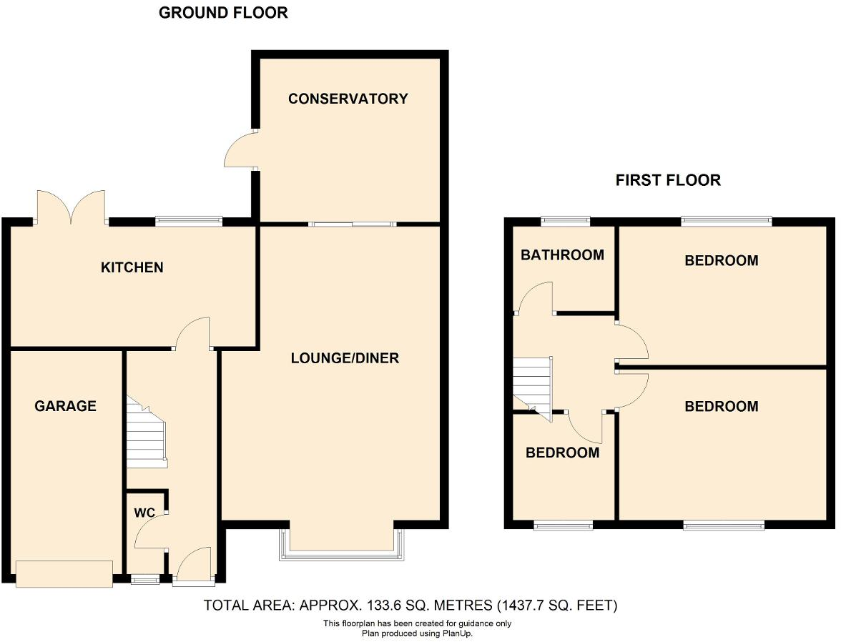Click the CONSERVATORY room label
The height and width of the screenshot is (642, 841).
click(348, 99)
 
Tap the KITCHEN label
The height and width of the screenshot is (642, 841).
click(132, 267)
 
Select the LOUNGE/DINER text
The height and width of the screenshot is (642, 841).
click(345, 357)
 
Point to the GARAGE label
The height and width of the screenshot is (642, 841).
click(65, 406)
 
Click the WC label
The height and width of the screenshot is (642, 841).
click(145, 513)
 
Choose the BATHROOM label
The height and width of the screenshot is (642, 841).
click(562, 255)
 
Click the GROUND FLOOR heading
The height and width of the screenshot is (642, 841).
click(223, 13)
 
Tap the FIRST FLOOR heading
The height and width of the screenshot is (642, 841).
click(668, 180)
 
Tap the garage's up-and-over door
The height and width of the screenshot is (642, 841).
click(64, 573)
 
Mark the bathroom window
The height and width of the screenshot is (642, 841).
click(565, 221)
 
